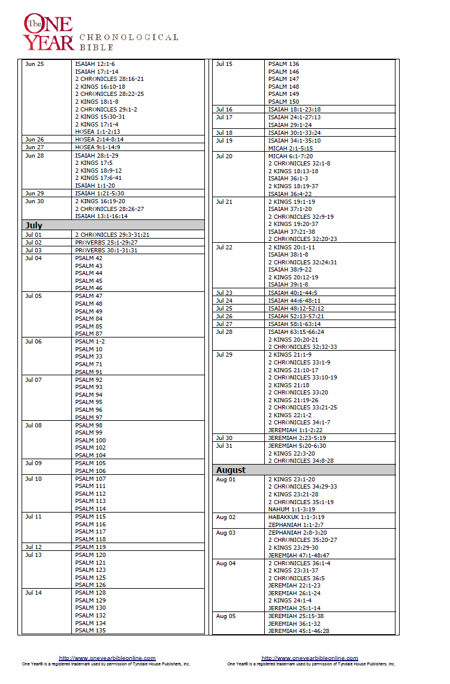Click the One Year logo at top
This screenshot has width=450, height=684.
(x=48, y=33)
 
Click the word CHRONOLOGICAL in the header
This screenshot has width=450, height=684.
(x=129, y=37)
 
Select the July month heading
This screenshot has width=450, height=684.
(x=34, y=225)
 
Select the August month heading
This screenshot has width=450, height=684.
(x=231, y=470)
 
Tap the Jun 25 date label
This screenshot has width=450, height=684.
(x=34, y=64)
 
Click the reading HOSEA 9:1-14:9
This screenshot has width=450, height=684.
(x=97, y=147)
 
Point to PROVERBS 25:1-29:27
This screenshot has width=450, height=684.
(x=106, y=242)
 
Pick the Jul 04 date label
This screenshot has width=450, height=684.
(x=34, y=258)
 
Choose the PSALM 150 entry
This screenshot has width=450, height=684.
(x=283, y=102)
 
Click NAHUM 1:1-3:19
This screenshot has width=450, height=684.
(x=291, y=509)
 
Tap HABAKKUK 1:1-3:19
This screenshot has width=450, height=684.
(x=296, y=517)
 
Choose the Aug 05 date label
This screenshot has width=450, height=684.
(x=226, y=616)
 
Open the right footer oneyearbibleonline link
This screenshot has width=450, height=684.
(x=310, y=658)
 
